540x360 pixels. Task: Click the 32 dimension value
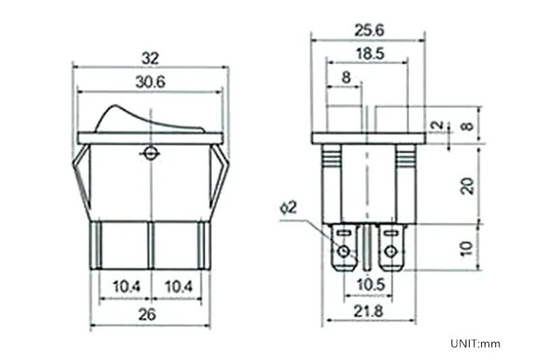(150, 58)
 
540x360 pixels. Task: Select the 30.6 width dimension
(150, 82)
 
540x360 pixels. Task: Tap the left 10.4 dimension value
(126, 288)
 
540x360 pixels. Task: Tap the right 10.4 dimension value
(178, 288)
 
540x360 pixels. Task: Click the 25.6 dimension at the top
(368, 30)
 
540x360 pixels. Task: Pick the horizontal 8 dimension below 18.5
(346, 78)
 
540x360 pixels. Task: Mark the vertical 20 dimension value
(466, 184)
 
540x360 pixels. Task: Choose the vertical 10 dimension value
(466, 248)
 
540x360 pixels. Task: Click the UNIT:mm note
(476, 343)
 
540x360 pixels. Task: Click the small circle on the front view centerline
(150, 153)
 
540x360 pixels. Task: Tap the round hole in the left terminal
(345, 253)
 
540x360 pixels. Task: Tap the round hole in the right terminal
(389, 253)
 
